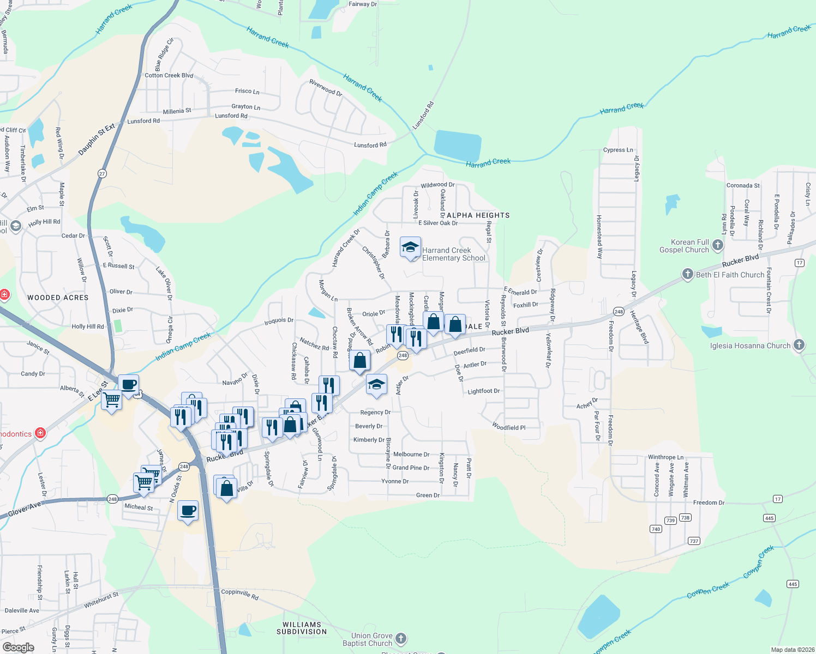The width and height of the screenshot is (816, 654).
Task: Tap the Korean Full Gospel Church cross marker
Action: click(x=718, y=245)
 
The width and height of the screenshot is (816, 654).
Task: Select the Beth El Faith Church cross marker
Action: click(x=688, y=274)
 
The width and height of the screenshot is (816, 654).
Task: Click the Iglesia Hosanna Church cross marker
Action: click(x=799, y=344)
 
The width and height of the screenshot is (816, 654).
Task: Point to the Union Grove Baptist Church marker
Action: click(x=401, y=638)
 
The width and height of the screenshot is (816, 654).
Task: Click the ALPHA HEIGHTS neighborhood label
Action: click(x=478, y=215)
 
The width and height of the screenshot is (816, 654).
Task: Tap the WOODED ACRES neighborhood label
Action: click(x=58, y=298)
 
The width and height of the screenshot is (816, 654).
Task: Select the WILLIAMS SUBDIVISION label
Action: click(x=302, y=628)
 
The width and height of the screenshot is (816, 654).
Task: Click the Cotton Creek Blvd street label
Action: click(x=169, y=75)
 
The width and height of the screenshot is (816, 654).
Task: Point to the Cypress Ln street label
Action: click(x=618, y=150)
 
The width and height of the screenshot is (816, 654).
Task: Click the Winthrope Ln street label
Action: click(x=665, y=457)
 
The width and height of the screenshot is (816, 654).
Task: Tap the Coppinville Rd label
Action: click(x=240, y=594)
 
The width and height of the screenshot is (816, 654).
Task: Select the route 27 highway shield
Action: click(x=102, y=174)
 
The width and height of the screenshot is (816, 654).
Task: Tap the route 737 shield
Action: click(x=694, y=541)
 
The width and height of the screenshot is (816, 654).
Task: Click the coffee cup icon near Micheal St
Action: click(x=188, y=510)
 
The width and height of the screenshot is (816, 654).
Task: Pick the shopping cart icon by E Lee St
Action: click(x=112, y=399)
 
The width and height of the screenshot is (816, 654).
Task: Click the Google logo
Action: click(x=18, y=647)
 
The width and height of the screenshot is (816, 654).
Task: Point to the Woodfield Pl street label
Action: click(x=508, y=427)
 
